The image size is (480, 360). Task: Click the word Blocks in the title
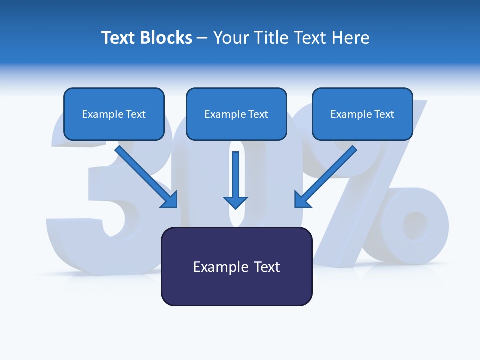point(166,38)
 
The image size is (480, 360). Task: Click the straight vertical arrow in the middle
point(236,175)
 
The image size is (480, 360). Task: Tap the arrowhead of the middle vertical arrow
point(236,202)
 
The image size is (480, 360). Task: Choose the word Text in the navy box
point(267,267)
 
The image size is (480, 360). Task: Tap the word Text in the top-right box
point(384,114)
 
